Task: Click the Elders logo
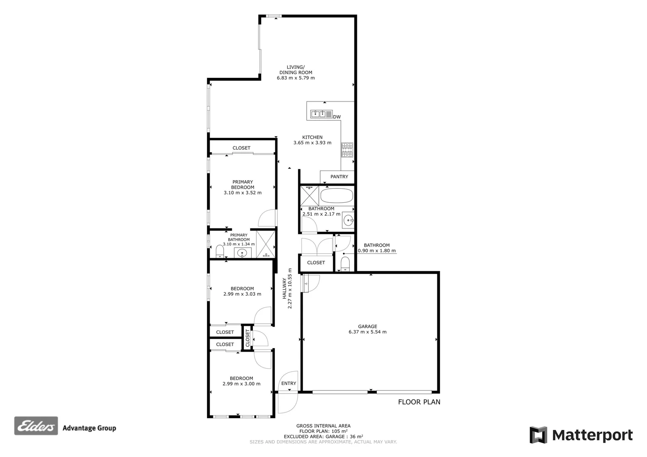click(x=36, y=426)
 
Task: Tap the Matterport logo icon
click(x=538, y=435)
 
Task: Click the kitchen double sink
click(x=319, y=113)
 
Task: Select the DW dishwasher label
click(x=337, y=117)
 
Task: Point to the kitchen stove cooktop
click(x=347, y=150)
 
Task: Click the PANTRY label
click(x=339, y=177)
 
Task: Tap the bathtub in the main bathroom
click(x=336, y=196)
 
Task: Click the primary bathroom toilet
click(x=219, y=252)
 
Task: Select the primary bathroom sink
click(x=242, y=253)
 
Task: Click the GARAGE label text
click(x=368, y=326)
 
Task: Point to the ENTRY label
click(x=289, y=384)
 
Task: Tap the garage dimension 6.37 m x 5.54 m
click(x=368, y=332)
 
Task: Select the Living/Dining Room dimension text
click(x=296, y=78)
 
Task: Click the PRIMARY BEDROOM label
click(x=243, y=184)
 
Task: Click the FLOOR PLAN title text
click(x=419, y=402)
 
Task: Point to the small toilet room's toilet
click(x=346, y=264)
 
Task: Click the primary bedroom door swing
click(x=267, y=218)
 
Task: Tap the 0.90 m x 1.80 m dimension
click(x=377, y=251)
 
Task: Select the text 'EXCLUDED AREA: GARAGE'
click(x=315, y=436)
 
